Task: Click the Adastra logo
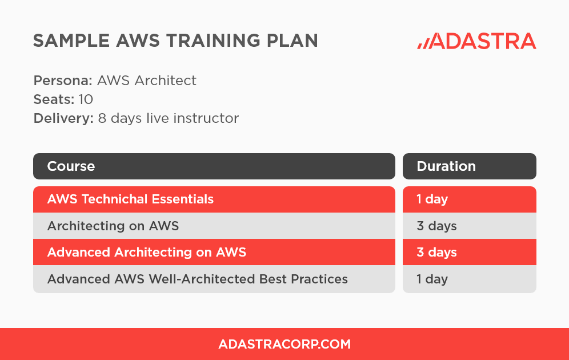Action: click(476, 41)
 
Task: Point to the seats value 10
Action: click(86, 99)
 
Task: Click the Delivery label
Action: click(63, 118)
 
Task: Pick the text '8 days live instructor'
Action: click(168, 118)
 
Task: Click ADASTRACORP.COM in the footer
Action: click(284, 344)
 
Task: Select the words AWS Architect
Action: click(147, 81)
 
